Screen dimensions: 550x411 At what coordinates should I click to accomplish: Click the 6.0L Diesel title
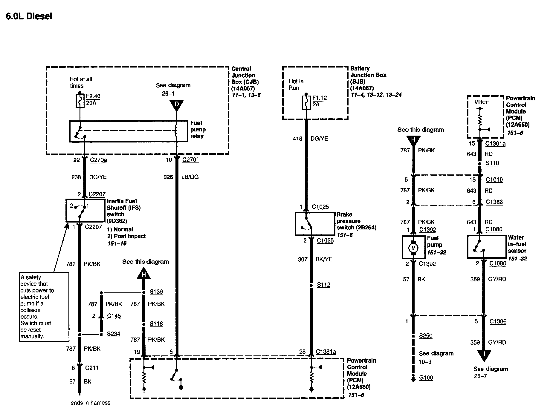click(x=29, y=16)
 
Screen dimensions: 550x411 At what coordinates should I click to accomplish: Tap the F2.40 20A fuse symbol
click(x=80, y=101)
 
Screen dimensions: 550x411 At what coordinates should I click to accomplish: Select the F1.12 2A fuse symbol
click(x=306, y=102)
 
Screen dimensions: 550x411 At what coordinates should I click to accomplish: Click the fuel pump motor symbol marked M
click(x=414, y=248)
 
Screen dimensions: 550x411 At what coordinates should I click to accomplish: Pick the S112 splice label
click(x=324, y=285)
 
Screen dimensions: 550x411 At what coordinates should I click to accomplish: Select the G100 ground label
click(x=426, y=378)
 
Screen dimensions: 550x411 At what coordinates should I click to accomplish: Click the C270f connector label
click(x=190, y=160)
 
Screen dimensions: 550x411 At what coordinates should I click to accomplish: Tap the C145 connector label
click(x=114, y=316)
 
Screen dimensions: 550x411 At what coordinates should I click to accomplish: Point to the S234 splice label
click(x=114, y=334)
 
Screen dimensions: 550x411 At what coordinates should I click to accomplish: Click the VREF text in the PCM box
click(x=482, y=102)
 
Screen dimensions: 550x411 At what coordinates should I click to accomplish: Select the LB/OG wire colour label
click(x=190, y=177)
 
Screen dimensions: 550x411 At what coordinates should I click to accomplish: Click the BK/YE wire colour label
click(x=324, y=259)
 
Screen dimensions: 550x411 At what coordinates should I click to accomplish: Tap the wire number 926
click(x=168, y=177)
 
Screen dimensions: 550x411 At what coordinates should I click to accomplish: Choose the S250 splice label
click(x=426, y=336)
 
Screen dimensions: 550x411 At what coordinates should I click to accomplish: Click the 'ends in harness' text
click(x=91, y=403)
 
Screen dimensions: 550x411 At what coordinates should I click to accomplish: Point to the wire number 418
click(x=297, y=139)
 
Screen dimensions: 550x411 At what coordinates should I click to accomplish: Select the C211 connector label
click(x=91, y=368)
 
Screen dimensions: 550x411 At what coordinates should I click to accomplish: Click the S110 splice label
click(x=492, y=163)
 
